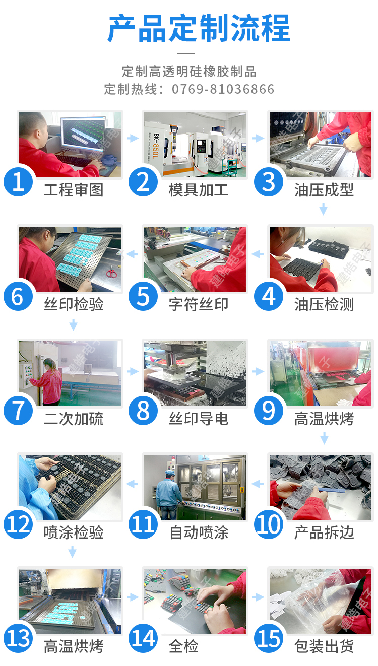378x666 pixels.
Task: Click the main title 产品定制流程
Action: (199, 28)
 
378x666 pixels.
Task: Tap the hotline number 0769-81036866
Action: (223, 89)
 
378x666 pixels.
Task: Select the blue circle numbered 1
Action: (18, 182)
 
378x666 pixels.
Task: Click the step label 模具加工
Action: (199, 190)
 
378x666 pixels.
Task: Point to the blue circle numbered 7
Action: (18, 410)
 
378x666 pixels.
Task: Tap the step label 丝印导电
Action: (199, 419)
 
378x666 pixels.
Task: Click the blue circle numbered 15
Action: (269, 638)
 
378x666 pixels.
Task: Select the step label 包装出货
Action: (324, 646)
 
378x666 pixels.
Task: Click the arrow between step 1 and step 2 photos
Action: (133, 138)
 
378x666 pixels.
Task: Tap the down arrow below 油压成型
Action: (323, 209)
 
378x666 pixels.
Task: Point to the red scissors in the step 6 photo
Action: (111, 273)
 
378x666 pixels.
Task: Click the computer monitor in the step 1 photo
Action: (83, 134)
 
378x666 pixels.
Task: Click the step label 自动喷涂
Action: (199, 532)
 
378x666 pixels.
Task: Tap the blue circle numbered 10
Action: (269, 524)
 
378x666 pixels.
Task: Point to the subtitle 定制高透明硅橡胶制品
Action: (189, 72)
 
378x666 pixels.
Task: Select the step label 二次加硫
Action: (74, 419)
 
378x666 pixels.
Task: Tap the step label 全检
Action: (183, 646)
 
